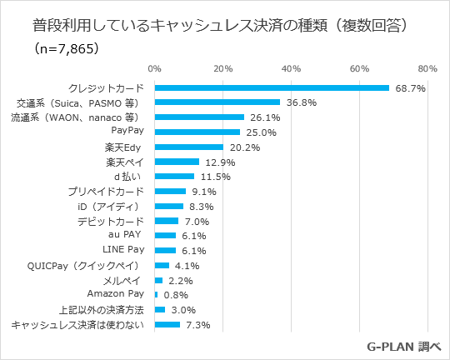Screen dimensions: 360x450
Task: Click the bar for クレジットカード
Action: [272, 87]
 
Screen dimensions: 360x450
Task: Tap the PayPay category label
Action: [128, 131]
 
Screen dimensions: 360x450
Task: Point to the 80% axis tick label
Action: [427, 68]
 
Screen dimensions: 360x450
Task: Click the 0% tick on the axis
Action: [154, 68]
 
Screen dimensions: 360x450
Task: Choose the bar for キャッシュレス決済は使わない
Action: [167, 324]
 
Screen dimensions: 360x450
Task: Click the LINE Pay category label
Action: [124, 249]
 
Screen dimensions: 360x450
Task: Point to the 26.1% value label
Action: [264, 117]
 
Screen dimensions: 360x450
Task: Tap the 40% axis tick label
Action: [291, 68]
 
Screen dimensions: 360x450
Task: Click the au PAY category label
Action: [128, 235]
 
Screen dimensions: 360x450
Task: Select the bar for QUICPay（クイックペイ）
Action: [162, 265]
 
